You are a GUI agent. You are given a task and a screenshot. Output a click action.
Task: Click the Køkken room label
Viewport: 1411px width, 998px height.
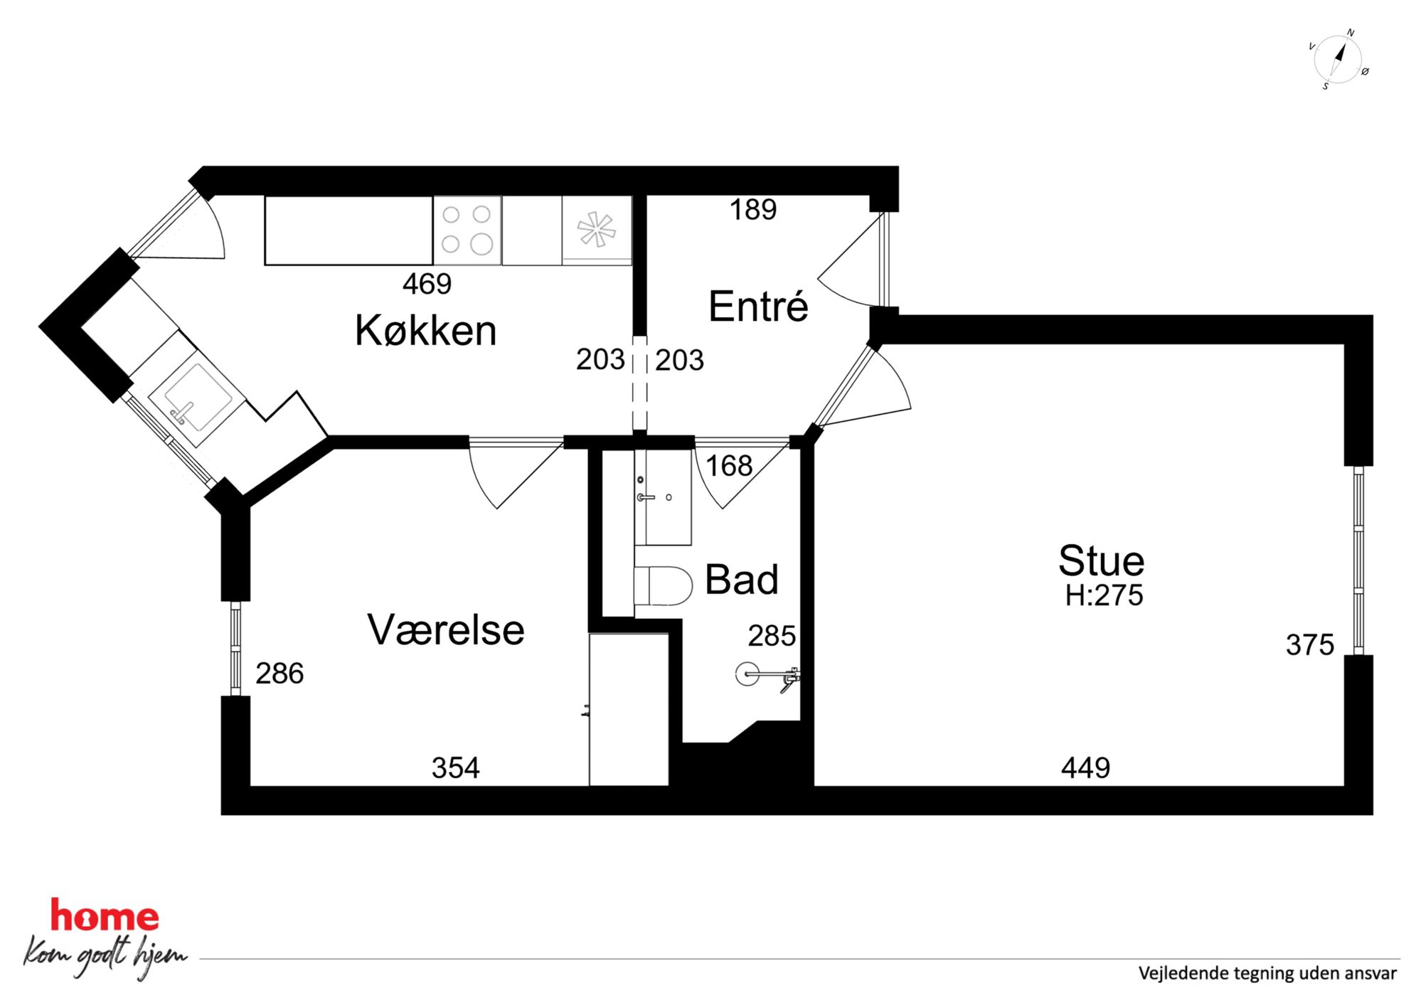[425, 330]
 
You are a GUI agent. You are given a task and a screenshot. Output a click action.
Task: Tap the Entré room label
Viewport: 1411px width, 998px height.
[758, 306]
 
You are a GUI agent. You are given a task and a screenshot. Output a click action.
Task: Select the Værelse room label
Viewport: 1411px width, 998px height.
[446, 630]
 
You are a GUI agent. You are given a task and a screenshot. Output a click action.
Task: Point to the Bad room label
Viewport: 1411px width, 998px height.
[742, 579]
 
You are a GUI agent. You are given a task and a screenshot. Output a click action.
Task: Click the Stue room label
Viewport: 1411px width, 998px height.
[1102, 561]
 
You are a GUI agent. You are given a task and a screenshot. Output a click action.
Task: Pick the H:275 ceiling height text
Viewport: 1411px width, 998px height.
[1104, 595]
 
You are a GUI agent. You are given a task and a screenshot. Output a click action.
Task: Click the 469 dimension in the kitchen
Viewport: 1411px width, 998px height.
[427, 284]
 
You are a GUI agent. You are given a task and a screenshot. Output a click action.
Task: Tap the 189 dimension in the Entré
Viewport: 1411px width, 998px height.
[753, 209]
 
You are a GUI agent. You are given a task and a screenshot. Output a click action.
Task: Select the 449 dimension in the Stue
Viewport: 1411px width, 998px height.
[1085, 768]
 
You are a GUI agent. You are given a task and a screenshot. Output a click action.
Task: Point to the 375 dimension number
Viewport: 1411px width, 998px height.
[1310, 645]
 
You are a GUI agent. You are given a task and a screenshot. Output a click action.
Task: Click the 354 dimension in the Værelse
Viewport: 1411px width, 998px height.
[456, 768]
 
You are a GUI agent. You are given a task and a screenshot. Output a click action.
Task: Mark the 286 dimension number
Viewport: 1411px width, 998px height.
[279, 673]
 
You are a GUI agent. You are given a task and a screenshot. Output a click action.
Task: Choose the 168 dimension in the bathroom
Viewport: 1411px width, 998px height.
[729, 466]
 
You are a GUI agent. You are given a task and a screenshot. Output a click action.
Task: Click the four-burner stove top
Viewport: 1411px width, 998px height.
[467, 230]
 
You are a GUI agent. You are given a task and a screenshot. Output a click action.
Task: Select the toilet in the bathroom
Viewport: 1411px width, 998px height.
[663, 585]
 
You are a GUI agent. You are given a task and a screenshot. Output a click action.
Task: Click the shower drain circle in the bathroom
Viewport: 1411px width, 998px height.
[747, 674]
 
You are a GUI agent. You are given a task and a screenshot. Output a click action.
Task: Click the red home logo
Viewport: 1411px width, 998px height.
[105, 916]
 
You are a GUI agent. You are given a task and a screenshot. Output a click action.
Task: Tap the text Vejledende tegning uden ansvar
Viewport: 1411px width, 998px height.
[1267, 973]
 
